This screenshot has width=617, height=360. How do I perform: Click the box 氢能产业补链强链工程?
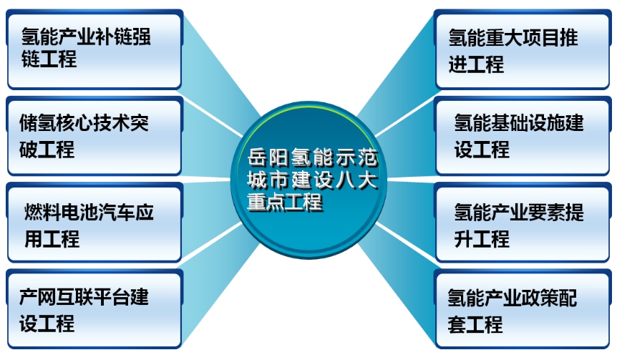[x=94, y=50]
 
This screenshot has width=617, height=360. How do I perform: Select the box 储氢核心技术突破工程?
[x=94, y=136]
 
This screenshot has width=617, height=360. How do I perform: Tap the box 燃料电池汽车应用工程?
[x=94, y=223]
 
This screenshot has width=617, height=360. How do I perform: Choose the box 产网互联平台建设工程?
[x=94, y=309]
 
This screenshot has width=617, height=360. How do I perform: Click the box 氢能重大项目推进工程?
[x=523, y=50]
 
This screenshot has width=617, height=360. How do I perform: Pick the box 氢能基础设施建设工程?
[x=523, y=136]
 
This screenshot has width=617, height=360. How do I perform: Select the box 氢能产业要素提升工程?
[x=523, y=223]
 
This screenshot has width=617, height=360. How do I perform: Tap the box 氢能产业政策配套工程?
[x=523, y=309]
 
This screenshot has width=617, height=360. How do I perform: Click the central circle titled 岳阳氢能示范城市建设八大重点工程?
[x=309, y=180]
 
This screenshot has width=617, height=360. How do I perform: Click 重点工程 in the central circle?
[x=285, y=203]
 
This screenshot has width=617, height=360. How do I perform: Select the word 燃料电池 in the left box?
[x=62, y=212]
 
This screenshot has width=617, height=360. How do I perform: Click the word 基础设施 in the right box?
[x=528, y=123]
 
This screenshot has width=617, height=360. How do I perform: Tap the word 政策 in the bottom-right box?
[x=540, y=298]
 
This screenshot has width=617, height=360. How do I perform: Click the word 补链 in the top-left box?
[x=114, y=37]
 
